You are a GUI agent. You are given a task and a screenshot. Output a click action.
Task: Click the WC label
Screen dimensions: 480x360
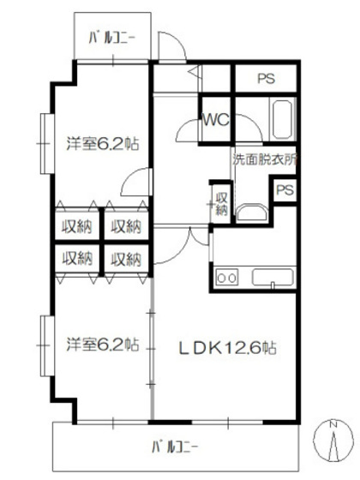point(214,121)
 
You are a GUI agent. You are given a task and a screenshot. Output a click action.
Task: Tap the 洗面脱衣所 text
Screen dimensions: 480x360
point(264,159)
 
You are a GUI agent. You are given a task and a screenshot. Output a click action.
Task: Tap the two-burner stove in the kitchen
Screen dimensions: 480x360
point(227,277)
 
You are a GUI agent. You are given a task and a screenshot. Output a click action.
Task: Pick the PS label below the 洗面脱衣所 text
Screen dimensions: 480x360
point(285,189)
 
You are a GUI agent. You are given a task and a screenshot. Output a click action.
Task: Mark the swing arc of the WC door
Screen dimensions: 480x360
point(185,130)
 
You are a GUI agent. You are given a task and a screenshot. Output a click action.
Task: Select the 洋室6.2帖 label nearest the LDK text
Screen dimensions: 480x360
point(103,344)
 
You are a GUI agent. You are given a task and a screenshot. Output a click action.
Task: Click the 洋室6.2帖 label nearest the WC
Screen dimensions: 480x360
point(103,144)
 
